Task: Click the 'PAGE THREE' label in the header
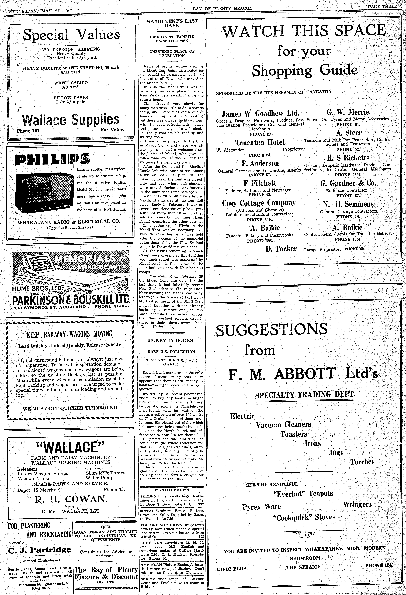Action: tap(382, 6)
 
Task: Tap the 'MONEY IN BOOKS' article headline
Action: tap(170, 340)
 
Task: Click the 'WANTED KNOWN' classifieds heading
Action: tap(172, 490)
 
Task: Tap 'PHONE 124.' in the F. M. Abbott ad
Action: tap(379, 565)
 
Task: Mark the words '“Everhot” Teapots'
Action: tap(303, 493)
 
